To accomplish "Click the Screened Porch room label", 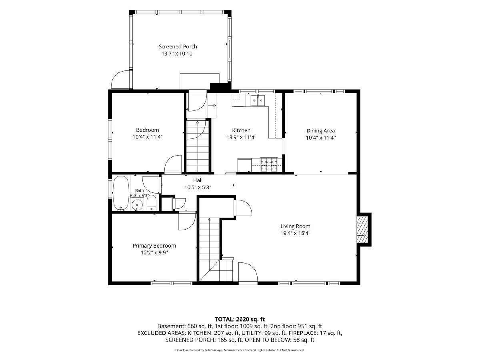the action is (x=178, y=46).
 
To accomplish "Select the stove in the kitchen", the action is (x=269, y=164).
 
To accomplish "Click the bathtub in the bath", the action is (x=121, y=194).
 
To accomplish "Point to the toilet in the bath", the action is (x=151, y=202).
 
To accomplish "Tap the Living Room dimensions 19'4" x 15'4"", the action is (x=295, y=233).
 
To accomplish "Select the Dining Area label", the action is (x=320, y=131).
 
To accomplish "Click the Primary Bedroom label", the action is (x=154, y=246).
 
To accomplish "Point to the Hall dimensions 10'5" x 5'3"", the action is (x=198, y=187).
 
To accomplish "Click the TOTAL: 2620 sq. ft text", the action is (x=240, y=319).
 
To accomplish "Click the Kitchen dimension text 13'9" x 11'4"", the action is (x=241, y=137).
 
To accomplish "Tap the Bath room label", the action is (x=139, y=191).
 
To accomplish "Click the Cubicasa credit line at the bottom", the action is (x=240, y=350).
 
